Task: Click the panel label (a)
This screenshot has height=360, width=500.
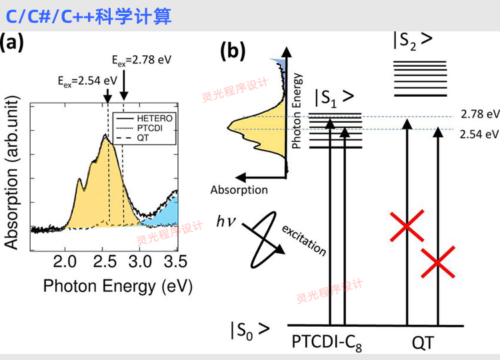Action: point(12,42)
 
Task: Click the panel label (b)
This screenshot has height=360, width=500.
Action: point(233,51)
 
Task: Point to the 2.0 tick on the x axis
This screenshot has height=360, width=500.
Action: point(65,262)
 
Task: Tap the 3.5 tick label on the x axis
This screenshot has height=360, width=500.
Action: point(175,262)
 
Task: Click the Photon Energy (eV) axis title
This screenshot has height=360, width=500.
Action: point(117,286)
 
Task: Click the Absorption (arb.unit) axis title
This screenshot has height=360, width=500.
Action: point(11,173)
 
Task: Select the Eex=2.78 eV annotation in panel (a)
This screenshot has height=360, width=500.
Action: point(141,60)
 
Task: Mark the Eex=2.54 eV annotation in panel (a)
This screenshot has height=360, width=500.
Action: point(87,81)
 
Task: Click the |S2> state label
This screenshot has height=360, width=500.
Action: point(413,41)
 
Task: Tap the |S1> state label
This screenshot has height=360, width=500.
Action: point(335,98)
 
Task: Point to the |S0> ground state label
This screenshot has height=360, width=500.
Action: point(250,331)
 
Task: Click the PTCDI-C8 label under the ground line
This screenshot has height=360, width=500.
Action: point(327,343)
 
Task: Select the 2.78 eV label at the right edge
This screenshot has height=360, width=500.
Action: point(480,114)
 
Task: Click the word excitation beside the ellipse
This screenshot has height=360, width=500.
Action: point(304,241)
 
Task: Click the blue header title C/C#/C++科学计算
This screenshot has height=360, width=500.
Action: point(89,16)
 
